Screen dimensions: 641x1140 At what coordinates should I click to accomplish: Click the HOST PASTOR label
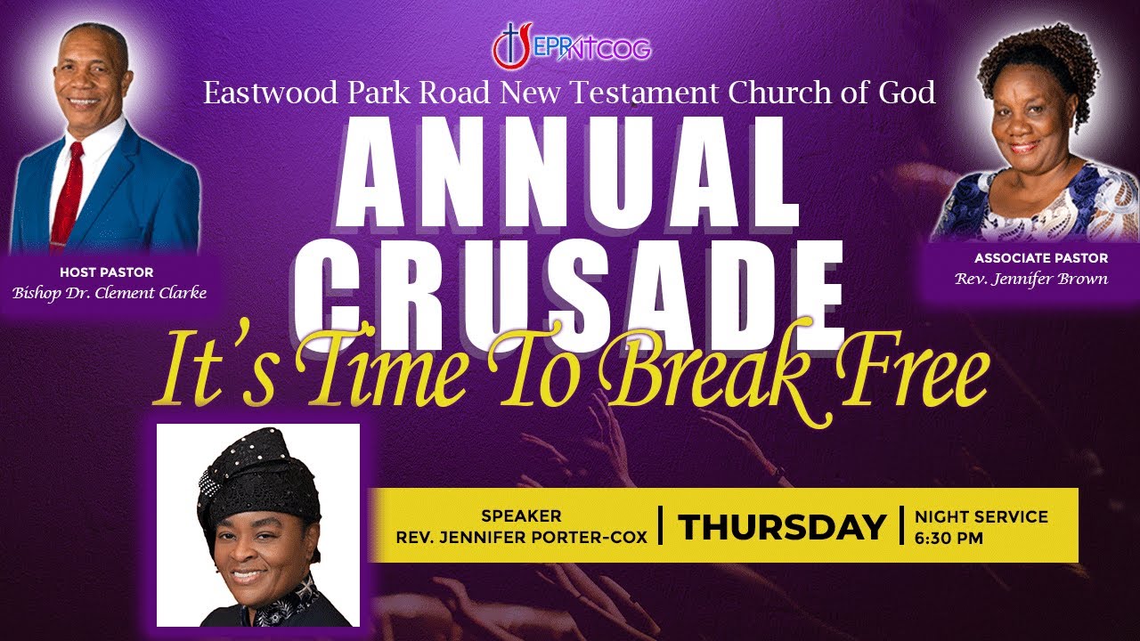(x=107, y=272)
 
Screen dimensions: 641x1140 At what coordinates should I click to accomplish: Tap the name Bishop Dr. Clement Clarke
(x=110, y=293)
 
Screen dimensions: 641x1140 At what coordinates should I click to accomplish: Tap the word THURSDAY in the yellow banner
(x=781, y=527)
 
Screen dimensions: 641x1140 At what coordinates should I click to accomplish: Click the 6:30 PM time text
(x=949, y=538)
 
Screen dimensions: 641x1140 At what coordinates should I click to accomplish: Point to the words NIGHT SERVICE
(x=981, y=517)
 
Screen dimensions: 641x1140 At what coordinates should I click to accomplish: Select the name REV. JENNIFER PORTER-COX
(x=521, y=537)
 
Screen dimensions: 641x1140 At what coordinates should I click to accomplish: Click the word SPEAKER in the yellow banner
(x=521, y=516)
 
